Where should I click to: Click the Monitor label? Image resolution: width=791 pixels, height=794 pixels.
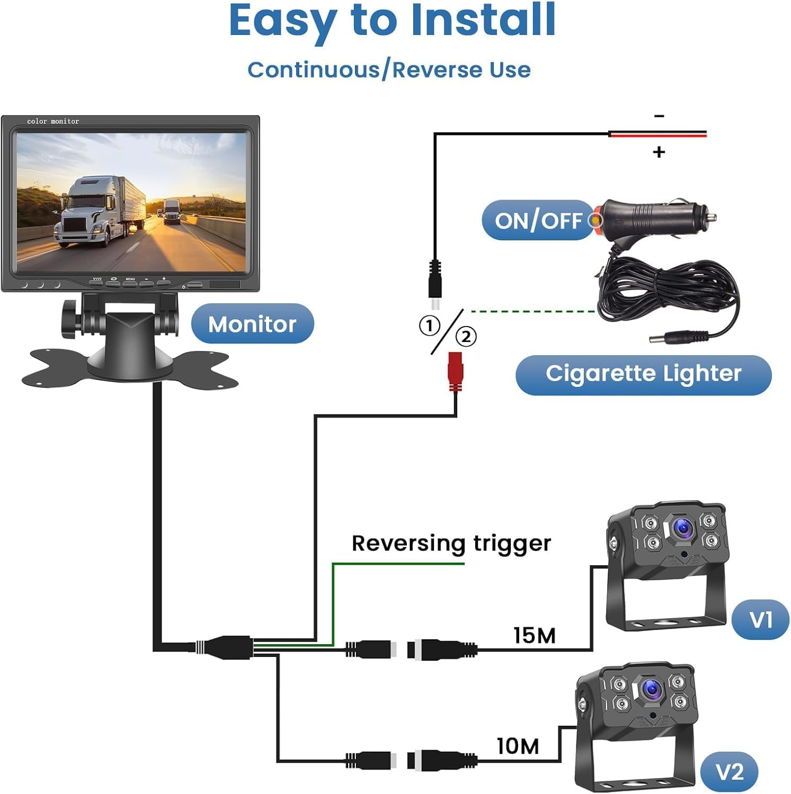(x=252, y=324)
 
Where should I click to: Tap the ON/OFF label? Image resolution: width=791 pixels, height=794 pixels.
(x=537, y=220)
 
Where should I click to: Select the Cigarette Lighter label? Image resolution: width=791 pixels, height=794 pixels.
(x=643, y=374)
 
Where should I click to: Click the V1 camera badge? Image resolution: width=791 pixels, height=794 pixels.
(x=760, y=619)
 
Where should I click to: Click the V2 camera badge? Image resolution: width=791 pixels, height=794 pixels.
(x=730, y=772)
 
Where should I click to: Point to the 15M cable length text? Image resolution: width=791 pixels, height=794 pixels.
(x=535, y=635)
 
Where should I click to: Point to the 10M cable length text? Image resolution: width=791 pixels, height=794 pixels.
(x=518, y=746)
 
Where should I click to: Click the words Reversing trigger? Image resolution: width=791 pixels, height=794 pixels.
(x=451, y=543)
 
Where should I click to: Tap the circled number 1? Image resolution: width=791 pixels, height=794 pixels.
(x=429, y=326)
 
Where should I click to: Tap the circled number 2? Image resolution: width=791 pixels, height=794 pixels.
(x=466, y=337)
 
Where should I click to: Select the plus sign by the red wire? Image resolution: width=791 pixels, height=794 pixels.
(x=659, y=152)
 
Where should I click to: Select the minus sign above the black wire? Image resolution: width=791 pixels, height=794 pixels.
(x=659, y=116)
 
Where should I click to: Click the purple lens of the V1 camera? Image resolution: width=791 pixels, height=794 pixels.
(x=682, y=528)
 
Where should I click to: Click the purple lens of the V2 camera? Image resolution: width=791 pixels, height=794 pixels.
(x=651, y=689)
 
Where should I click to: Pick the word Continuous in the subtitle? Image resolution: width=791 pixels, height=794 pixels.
(x=314, y=70)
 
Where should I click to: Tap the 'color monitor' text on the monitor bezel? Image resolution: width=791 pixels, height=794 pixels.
(x=53, y=121)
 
